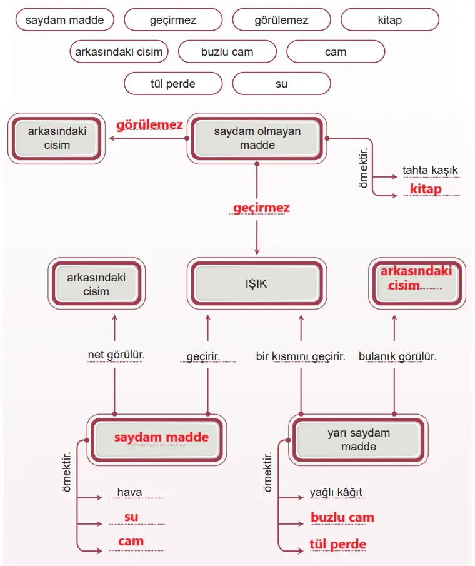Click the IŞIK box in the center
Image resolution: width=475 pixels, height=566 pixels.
[256, 283]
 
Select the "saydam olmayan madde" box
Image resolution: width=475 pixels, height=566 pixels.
[257, 138]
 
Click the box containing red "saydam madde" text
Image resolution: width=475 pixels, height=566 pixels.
[161, 437]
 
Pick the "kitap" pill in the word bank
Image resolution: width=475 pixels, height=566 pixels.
[389, 20]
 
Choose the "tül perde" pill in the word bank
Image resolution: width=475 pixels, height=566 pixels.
[173, 83]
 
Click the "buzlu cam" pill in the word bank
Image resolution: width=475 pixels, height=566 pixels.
[227, 52]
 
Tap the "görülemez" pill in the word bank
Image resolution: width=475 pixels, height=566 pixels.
[281, 20]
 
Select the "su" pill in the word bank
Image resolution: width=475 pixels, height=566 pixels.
[281, 83]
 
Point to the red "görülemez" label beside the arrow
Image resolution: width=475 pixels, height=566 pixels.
[149, 125]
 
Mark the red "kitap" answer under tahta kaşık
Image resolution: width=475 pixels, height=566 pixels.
[426, 189]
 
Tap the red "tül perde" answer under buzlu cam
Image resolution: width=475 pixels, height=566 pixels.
[337, 544]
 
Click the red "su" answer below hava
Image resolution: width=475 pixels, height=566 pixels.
[131, 517]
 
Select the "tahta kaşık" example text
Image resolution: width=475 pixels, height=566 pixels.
[430, 170]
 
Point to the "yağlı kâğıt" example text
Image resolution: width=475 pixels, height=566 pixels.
[336, 493]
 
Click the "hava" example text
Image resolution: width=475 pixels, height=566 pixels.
[129, 492]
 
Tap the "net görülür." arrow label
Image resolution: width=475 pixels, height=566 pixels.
[116, 355]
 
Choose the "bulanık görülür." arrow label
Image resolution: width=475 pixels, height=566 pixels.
[397, 356]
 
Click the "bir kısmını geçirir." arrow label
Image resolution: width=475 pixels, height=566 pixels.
[301, 356]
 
